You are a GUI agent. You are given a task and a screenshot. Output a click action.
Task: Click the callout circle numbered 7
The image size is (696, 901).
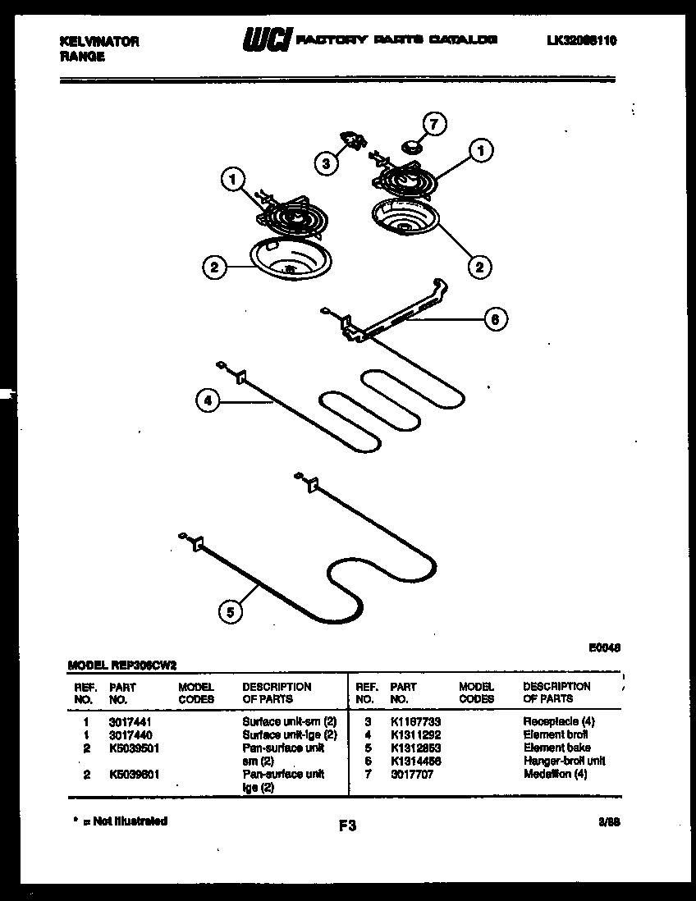tap(435, 125)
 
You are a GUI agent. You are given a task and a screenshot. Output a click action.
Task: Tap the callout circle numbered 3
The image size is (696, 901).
tap(327, 163)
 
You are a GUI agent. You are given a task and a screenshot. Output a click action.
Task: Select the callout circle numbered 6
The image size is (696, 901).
tap(495, 318)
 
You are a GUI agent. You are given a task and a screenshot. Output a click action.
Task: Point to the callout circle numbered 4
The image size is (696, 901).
tap(208, 401)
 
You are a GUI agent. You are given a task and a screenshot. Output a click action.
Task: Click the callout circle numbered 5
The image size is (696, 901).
tap(231, 611)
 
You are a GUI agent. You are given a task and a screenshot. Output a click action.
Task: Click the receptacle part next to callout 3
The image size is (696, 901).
tap(354, 142)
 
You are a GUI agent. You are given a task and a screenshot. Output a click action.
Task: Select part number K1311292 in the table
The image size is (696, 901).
tap(415, 734)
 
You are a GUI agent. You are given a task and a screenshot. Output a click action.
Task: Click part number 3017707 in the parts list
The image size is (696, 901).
tap(411, 774)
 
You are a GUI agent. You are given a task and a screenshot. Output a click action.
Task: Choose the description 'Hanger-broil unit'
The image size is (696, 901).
tap(564, 761)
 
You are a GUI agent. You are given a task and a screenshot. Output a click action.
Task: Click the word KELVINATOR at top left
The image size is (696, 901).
tap(100, 42)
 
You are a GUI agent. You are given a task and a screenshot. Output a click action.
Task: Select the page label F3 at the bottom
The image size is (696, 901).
tap(347, 826)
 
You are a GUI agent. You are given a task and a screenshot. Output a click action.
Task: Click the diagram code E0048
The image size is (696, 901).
tap(604, 647)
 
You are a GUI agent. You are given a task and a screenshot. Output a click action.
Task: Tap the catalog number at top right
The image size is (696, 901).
tap(581, 40)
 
